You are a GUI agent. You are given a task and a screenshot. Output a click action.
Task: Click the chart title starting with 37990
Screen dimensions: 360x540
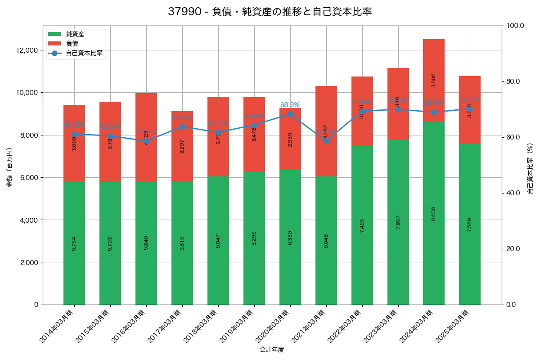[x=270, y=12]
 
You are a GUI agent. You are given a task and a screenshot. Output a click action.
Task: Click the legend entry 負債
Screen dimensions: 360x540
[x=72, y=44]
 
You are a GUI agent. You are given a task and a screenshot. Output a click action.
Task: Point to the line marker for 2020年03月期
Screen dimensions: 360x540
[x=290, y=114]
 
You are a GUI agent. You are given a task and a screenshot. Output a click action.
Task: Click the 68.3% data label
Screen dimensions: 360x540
[x=290, y=105]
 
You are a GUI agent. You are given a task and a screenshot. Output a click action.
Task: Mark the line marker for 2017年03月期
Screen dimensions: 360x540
[x=182, y=126]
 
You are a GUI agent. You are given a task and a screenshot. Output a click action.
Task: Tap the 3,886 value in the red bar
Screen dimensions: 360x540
[x=434, y=80]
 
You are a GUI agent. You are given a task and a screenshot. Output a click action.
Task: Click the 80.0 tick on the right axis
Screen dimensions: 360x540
[x=513, y=81]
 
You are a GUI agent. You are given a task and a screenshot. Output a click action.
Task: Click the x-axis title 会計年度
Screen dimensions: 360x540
[x=272, y=350]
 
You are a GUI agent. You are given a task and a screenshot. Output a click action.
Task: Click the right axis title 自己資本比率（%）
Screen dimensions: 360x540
[x=530, y=168]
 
